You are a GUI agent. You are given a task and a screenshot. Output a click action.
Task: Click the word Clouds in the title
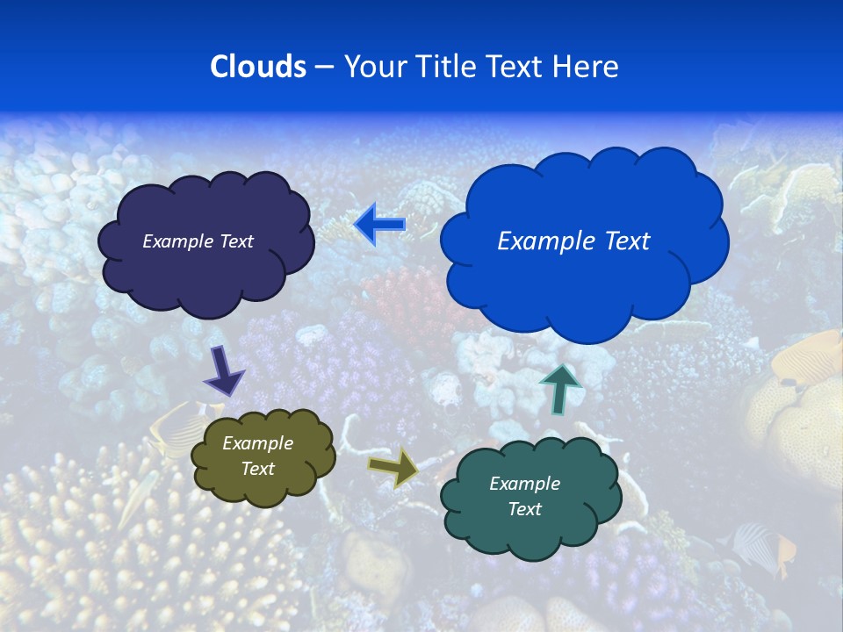click(258, 67)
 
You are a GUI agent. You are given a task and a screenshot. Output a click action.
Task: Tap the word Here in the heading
click(586, 67)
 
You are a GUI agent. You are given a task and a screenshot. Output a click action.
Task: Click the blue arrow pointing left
click(379, 225)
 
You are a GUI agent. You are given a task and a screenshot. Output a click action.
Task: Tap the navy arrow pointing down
click(224, 370)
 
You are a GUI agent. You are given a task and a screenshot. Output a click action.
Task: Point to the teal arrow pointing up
click(559, 388)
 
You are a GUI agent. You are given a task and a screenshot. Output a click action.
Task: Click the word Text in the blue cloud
click(623, 241)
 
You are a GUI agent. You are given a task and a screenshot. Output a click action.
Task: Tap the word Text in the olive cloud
click(257, 469)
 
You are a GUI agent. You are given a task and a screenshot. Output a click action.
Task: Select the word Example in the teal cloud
click(524, 484)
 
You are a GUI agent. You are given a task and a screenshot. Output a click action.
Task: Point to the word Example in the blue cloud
click(544, 241)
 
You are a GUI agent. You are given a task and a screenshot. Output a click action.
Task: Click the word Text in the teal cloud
click(524, 509)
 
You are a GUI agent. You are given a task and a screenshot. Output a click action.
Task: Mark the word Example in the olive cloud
click(257, 443)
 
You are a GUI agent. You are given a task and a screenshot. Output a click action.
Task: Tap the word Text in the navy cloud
click(234, 241)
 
